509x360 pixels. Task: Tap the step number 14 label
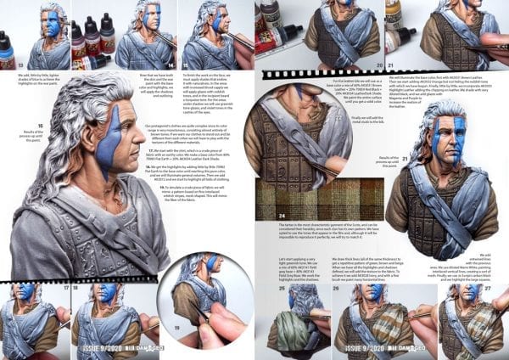[x=171, y=64]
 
